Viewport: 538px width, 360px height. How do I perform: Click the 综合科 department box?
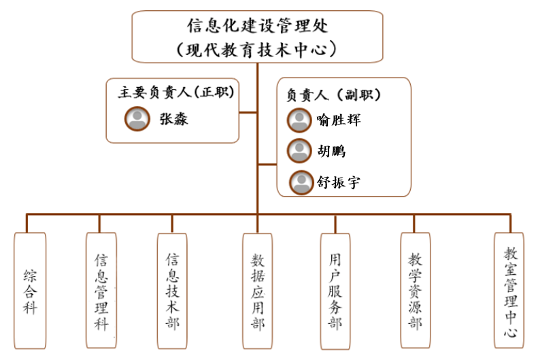point(30,291)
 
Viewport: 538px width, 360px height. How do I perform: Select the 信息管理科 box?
point(101,291)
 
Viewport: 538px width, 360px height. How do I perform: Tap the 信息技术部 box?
point(172,291)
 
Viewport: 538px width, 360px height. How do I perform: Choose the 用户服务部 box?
point(335,291)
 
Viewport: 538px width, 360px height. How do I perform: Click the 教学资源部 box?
point(415,291)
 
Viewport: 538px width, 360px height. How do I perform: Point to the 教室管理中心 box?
point(511,291)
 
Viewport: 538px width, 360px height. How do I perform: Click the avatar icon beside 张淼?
point(137,119)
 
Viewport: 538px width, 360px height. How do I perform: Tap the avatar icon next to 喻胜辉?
point(299,120)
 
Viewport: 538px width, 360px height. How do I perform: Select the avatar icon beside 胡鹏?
point(299,150)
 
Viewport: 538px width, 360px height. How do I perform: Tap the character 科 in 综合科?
point(30,308)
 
